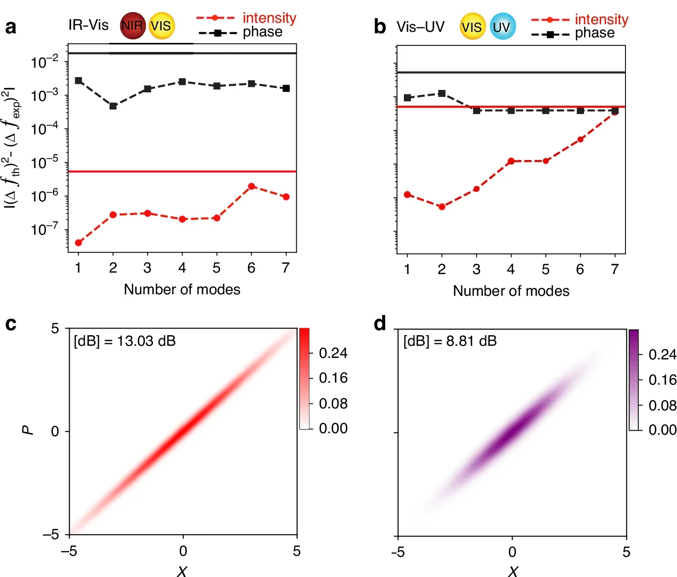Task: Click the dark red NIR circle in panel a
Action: (x=132, y=26)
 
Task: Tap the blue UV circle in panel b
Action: (x=502, y=27)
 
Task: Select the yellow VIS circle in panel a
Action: (x=162, y=26)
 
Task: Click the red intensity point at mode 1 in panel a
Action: (x=78, y=243)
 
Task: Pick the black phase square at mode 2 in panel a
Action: (x=113, y=106)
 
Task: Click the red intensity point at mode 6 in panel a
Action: (x=251, y=186)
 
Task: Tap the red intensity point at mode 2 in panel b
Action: (x=442, y=206)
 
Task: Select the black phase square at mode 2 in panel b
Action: (x=442, y=93)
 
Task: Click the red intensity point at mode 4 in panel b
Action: (x=511, y=161)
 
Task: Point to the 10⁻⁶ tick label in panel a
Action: (x=44, y=196)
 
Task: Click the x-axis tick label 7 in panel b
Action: (x=614, y=270)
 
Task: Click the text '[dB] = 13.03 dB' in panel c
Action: (x=125, y=341)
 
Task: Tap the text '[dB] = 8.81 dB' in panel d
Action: (x=450, y=341)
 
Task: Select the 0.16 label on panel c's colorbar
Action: (x=333, y=378)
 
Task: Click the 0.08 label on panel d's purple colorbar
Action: (x=662, y=405)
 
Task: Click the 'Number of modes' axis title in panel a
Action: (x=182, y=289)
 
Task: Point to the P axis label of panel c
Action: (x=28, y=430)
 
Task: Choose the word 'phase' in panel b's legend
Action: (x=595, y=33)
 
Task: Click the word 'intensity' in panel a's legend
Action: (x=269, y=18)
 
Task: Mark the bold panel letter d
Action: (x=380, y=324)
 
